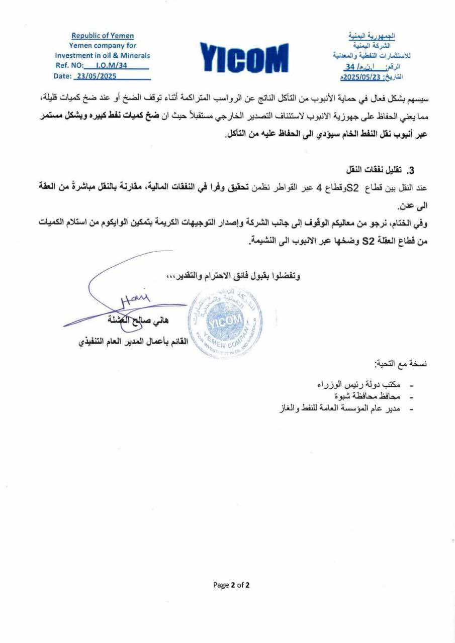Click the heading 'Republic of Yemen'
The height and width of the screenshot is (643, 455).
103,36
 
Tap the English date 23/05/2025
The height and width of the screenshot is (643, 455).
95,76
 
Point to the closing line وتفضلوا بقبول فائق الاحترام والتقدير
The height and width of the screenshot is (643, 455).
234,276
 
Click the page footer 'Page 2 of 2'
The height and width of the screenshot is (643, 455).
231,585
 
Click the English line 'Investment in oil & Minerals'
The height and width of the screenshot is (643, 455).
103,56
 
